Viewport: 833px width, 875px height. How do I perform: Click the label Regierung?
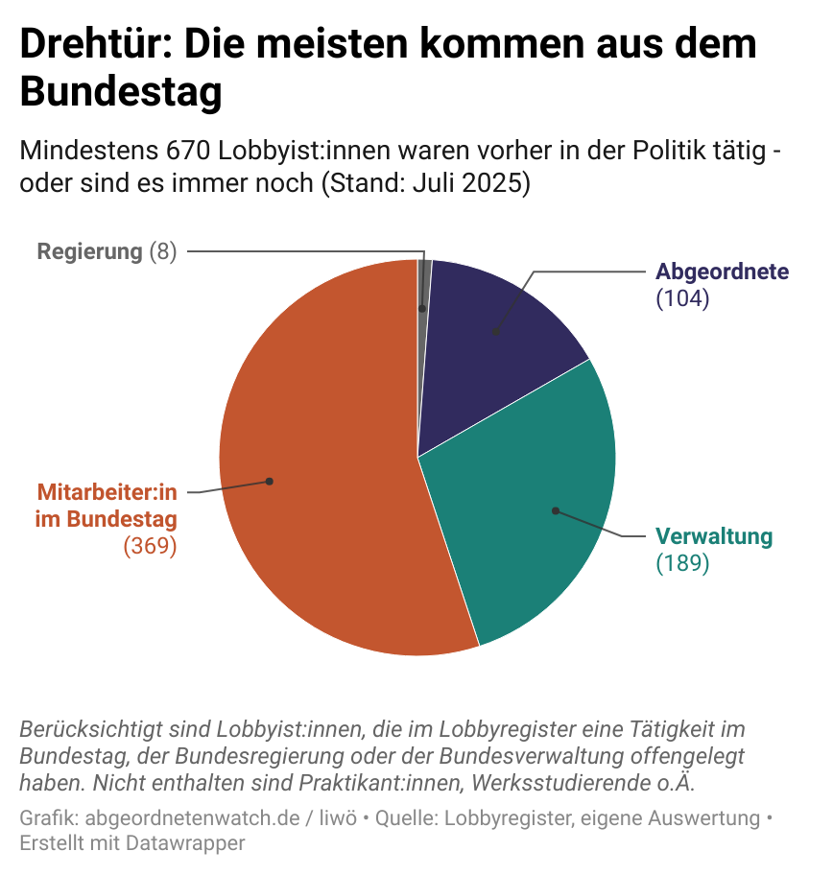[89, 252]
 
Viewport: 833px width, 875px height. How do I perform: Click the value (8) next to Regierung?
[163, 252]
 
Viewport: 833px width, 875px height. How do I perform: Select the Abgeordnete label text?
[722, 272]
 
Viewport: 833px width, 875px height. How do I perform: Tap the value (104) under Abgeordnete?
[682, 298]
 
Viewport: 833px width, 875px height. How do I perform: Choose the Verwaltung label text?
[713, 536]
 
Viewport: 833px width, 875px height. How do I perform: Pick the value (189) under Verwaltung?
[682, 563]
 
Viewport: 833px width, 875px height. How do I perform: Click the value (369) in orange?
[151, 546]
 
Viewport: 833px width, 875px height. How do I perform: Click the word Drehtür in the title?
[91, 45]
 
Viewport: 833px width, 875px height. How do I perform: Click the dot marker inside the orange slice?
[270, 482]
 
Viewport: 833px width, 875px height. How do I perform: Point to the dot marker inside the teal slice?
[555, 510]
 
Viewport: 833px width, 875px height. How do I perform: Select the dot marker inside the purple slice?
[495, 333]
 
